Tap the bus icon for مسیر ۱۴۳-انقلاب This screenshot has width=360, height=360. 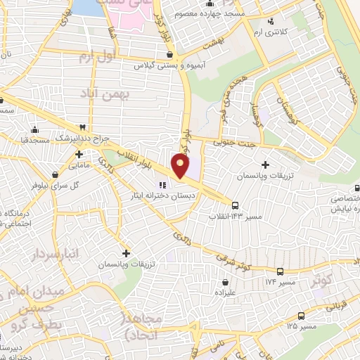tap(235, 205)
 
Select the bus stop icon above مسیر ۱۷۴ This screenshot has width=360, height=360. tap(281, 271)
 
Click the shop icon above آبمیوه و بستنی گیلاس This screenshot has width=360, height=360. tap(169, 53)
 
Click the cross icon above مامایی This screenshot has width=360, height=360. tap(79, 154)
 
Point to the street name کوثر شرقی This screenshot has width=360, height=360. tap(247, 258)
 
